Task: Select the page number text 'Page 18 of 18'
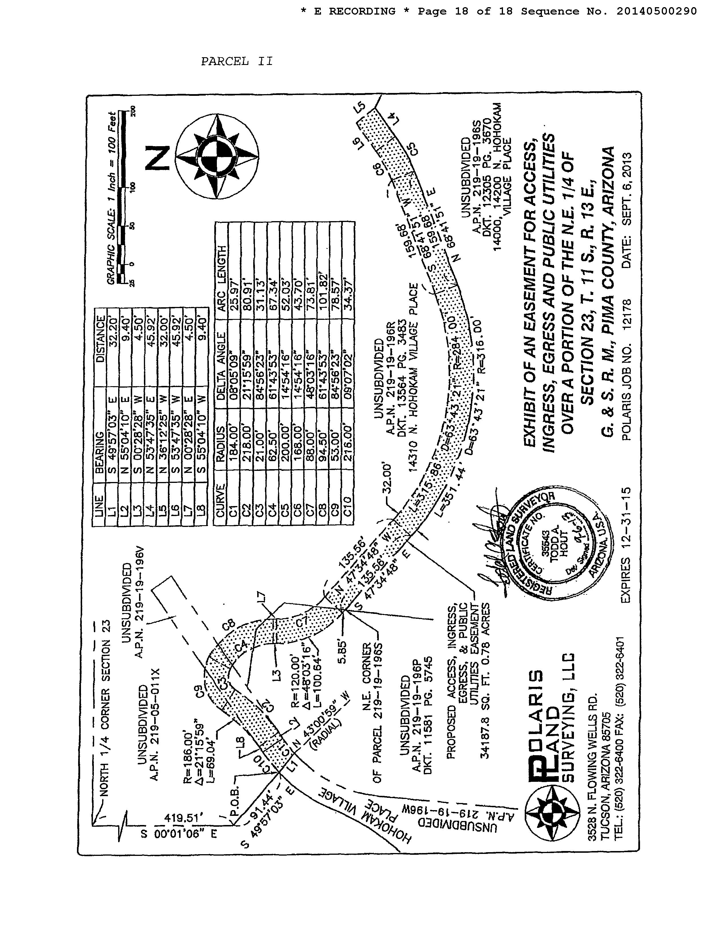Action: pos(465,11)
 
